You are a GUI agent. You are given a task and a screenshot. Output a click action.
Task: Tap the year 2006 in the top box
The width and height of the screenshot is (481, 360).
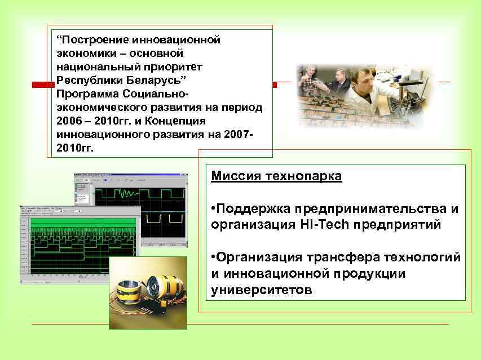pos(70,121)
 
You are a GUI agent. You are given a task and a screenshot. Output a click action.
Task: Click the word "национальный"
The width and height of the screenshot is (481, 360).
pos(91,66)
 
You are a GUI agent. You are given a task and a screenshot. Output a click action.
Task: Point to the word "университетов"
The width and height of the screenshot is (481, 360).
pos(261,290)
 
